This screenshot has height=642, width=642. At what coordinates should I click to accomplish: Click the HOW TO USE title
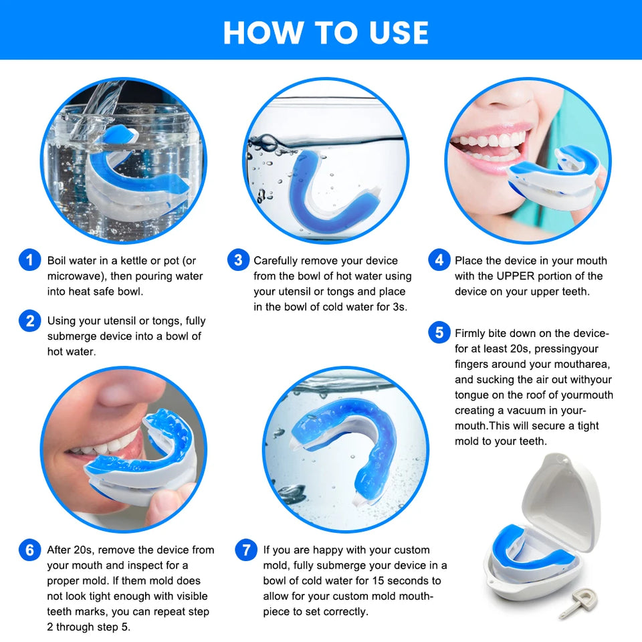[326, 32]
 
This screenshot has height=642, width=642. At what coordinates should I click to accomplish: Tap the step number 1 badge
[29, 260]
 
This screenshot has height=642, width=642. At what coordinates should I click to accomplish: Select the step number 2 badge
[29, 321]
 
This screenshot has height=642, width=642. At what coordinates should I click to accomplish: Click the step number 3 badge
[238, 260]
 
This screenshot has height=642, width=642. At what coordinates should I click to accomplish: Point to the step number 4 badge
[439, 260]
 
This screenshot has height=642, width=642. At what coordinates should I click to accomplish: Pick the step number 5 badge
[439, 332]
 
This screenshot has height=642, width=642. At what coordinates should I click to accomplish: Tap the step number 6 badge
[29, 550]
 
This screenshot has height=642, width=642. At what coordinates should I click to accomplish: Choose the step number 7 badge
[246, 550]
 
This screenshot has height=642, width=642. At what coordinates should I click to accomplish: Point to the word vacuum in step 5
[530, 411]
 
